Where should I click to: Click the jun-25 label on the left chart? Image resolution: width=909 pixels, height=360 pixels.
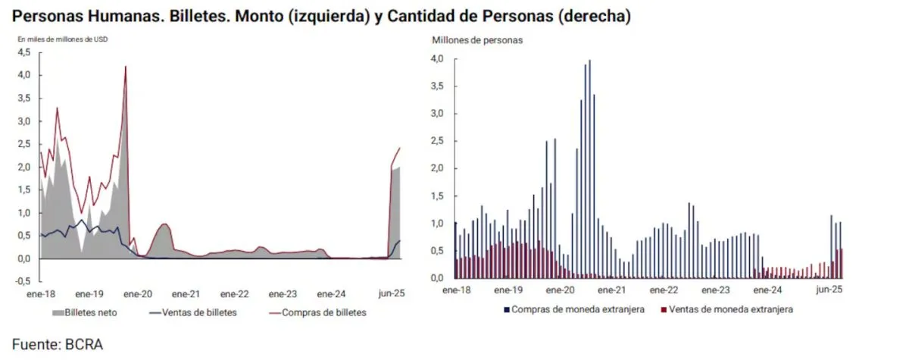click(391, 294)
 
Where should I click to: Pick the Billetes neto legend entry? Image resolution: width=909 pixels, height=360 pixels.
click(89, 312)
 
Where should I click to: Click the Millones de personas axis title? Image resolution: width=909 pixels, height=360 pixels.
click(477, 39)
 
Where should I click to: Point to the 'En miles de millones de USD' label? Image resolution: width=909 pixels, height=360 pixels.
click(62, 39)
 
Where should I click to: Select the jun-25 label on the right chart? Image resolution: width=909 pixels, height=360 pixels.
click(829, 290)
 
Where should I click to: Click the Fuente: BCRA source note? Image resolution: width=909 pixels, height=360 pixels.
click(57, 345)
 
